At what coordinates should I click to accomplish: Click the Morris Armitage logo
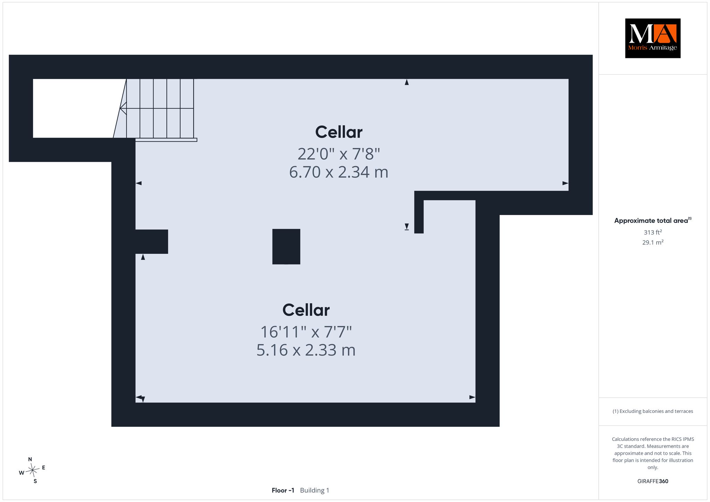tap(652, 38)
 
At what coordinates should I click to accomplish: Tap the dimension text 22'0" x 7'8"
tap(339, 154)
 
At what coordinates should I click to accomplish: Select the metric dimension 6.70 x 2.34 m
tap(339, 172)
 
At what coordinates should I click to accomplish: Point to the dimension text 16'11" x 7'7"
tap(306, 332)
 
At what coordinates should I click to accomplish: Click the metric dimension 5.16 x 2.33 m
tap(306, 350)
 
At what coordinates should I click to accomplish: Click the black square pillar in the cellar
tap(286, 246)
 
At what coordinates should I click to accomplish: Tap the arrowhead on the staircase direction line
tap(123, 108)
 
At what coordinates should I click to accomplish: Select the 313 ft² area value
tap(652, 232)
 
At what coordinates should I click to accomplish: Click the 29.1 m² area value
tap(652, 242)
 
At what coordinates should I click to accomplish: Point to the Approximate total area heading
tap(652, 220)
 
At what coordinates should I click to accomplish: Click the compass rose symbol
tap(33, 470)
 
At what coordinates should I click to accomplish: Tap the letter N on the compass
tap(30, 459)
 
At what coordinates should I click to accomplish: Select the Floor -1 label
tap(283, 490)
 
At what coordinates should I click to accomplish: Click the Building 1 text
tap(314, 490)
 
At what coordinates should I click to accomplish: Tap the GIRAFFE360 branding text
tap(652, 481)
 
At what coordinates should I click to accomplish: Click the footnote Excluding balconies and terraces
tap(652, 411)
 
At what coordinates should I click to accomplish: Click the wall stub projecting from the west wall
tap(151, 241)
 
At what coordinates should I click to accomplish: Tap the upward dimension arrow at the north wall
tap(407, 82)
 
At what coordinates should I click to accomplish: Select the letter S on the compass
tap(35, 481)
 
